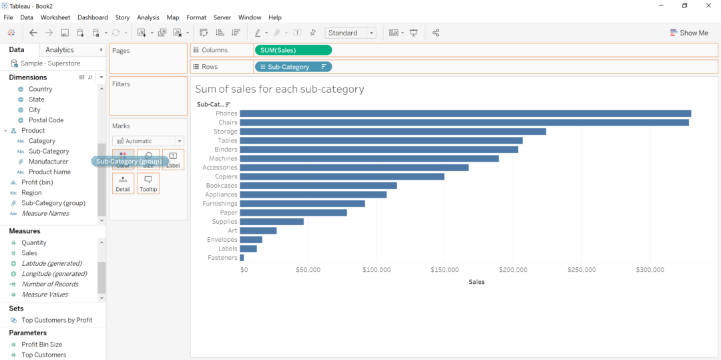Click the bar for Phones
click(465, 114)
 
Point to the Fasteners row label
click(222, 258)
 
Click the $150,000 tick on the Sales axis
click(445, 270)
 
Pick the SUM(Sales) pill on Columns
click(293, 50)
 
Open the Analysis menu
click(148, 17)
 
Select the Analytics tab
click(60, 50)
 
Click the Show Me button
click(689, 33)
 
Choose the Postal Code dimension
click(46, 120)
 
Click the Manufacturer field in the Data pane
click(48, 162)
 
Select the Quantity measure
click(34, 243)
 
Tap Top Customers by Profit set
click(57, 321)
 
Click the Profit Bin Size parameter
click(41, 345)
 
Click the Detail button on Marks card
click(123, 184)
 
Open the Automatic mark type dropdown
click(148, 141)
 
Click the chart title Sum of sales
click(280, 89)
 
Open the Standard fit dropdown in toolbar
click(350, 33)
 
